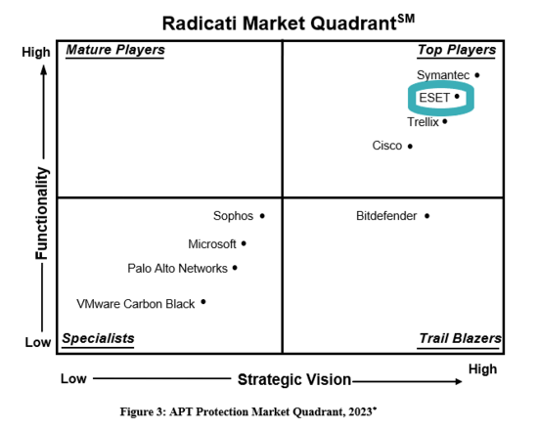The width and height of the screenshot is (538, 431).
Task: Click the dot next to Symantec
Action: click(477, 75)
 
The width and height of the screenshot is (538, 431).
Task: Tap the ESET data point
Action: click(457, 97)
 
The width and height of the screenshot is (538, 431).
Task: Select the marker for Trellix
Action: click(445, 121)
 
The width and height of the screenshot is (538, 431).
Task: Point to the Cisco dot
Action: click(410, 147)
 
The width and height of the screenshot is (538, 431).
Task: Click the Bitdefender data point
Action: click(426, 216)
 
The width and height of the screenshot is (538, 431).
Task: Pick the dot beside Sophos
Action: click(262, 216)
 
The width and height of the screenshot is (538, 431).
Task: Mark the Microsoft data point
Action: click(244, 243)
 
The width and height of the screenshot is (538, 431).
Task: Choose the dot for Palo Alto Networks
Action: click(235, 268)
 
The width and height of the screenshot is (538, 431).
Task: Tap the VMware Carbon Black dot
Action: click(203, 302)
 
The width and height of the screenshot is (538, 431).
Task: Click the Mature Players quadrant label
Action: click(115, 50)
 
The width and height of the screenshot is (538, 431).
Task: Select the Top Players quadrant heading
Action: click(457, 50)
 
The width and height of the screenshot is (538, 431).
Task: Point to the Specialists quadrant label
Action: click(98, 338)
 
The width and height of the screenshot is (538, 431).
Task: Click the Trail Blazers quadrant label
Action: click(460, 338)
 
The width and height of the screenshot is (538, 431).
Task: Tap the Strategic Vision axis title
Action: click(294, 380)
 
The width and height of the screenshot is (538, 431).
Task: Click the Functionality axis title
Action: click(42, 213)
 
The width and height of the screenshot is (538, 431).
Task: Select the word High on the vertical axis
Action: click(36, 53)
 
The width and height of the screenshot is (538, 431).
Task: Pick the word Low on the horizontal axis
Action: click(73, 379)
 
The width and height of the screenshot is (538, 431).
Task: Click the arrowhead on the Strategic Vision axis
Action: click(459, 381)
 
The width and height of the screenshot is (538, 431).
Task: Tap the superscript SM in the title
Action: click(406, 19)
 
